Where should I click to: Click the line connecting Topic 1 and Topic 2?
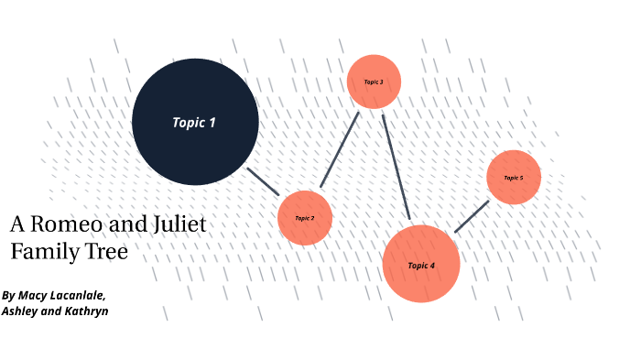click(263, 181)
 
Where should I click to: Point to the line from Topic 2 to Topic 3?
click(340, 149)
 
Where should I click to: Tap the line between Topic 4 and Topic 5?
click(472, 216)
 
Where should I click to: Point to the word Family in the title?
click(42, 251)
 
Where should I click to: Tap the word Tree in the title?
click(104, 251)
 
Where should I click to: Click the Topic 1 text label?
click(195, 123)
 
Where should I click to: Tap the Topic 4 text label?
click(420, 266)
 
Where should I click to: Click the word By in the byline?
click(8, 295)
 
